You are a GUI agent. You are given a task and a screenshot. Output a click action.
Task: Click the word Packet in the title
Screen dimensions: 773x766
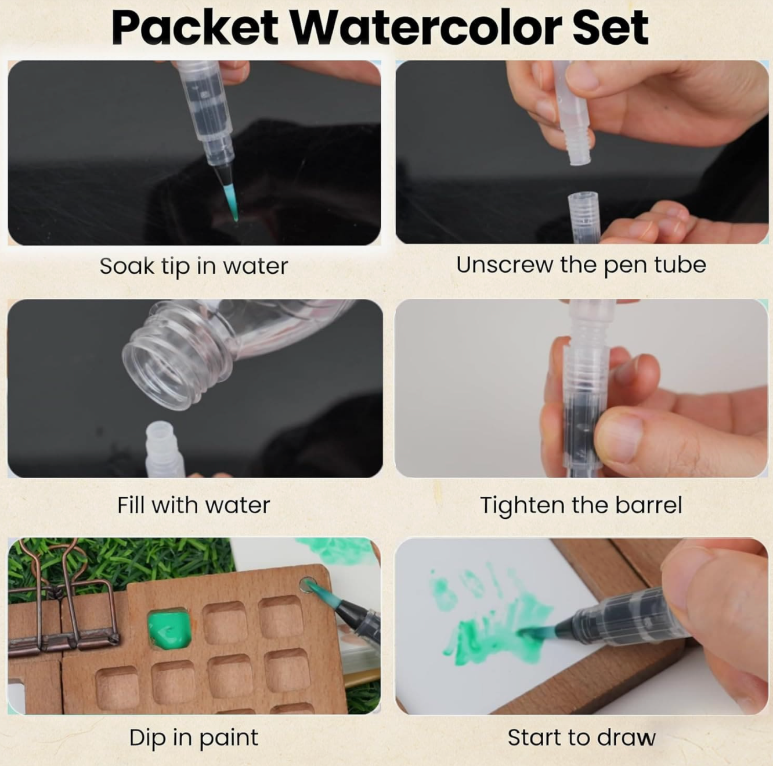point(195,27)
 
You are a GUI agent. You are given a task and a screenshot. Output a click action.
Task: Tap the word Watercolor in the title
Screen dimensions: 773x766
point(425,27)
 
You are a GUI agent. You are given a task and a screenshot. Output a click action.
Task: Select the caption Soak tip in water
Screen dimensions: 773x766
point(194,266)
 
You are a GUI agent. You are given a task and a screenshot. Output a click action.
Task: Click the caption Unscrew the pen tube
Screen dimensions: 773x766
point(581,265)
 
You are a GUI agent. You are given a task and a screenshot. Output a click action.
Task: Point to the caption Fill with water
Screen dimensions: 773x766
point(194,505)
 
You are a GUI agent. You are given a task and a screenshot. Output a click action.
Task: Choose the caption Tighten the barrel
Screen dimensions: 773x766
point(581,505)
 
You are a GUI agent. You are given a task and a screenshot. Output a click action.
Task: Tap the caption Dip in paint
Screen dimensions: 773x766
point(194,738)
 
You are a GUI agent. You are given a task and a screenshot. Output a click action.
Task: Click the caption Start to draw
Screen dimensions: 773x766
point(581,738)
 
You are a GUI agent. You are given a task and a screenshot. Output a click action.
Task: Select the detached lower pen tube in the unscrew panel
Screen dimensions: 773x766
point(584,216)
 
